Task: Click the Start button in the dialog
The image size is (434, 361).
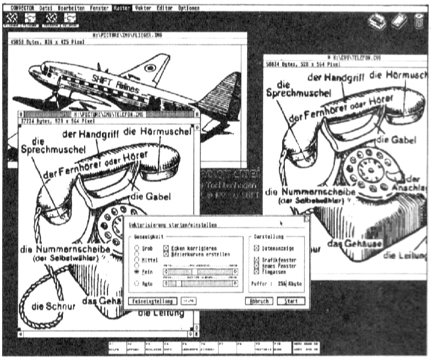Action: [x=290, y=301]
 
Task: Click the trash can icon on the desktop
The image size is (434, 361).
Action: [x=418, y=21]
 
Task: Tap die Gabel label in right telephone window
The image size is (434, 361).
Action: [x=390, y=140]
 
